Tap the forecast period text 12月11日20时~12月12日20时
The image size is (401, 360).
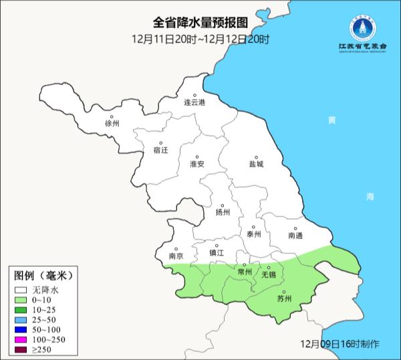(200, 39)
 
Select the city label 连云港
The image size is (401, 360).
(195, 102)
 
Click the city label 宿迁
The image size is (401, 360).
(160, 151)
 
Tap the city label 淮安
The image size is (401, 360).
(196, 164)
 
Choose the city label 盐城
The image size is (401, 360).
(256, 164)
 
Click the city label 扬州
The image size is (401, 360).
(223, 213)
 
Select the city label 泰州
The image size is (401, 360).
(253, 234)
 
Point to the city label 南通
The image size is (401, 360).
(295, 236)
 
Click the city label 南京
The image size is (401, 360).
(176, 256)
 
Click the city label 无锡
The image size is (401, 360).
(268, 274)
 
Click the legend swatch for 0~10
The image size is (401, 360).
(21, 300)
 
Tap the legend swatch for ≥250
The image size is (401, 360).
(21, 350)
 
